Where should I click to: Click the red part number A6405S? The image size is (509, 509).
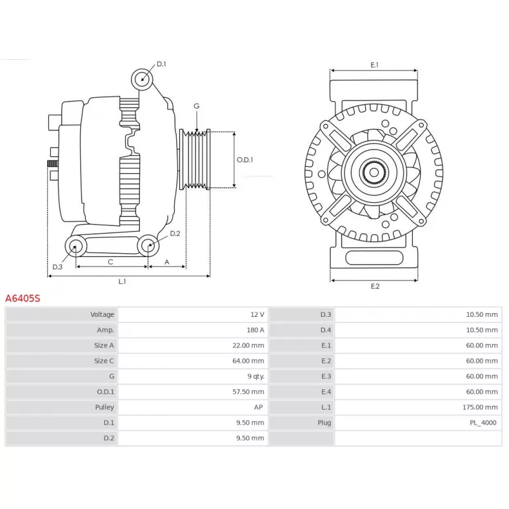coord(23,298)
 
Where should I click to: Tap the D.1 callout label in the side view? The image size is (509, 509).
coord(162,64)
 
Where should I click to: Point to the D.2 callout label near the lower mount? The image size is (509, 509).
coord(175,234)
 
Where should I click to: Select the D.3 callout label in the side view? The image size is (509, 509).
coord(57,267)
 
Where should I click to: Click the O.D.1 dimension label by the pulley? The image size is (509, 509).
coord(245,160)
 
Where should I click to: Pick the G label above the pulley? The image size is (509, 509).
coord(197,106)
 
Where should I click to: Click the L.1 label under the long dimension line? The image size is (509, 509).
coord(122,281)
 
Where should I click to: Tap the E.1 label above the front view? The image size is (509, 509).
coord(374,65)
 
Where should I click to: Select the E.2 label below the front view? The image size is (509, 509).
coord(375,286)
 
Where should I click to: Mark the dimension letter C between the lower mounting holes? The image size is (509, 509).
coord(110,262)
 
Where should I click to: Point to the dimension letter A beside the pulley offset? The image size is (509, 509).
coord(167,262)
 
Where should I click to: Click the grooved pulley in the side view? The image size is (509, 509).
coord(195,160)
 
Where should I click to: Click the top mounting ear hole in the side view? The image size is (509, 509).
coord(142,79)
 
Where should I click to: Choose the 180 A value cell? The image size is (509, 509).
coord(256,330)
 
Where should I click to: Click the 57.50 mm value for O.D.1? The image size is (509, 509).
coord(248,392)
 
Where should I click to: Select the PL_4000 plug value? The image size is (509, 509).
coord(483,422)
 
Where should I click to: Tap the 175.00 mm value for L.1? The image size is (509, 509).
coord(480,407)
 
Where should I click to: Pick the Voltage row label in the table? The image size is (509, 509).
coord(102,314)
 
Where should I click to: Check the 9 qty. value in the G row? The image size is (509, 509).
coord(256,376)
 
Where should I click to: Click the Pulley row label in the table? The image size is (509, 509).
coord(104,407)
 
